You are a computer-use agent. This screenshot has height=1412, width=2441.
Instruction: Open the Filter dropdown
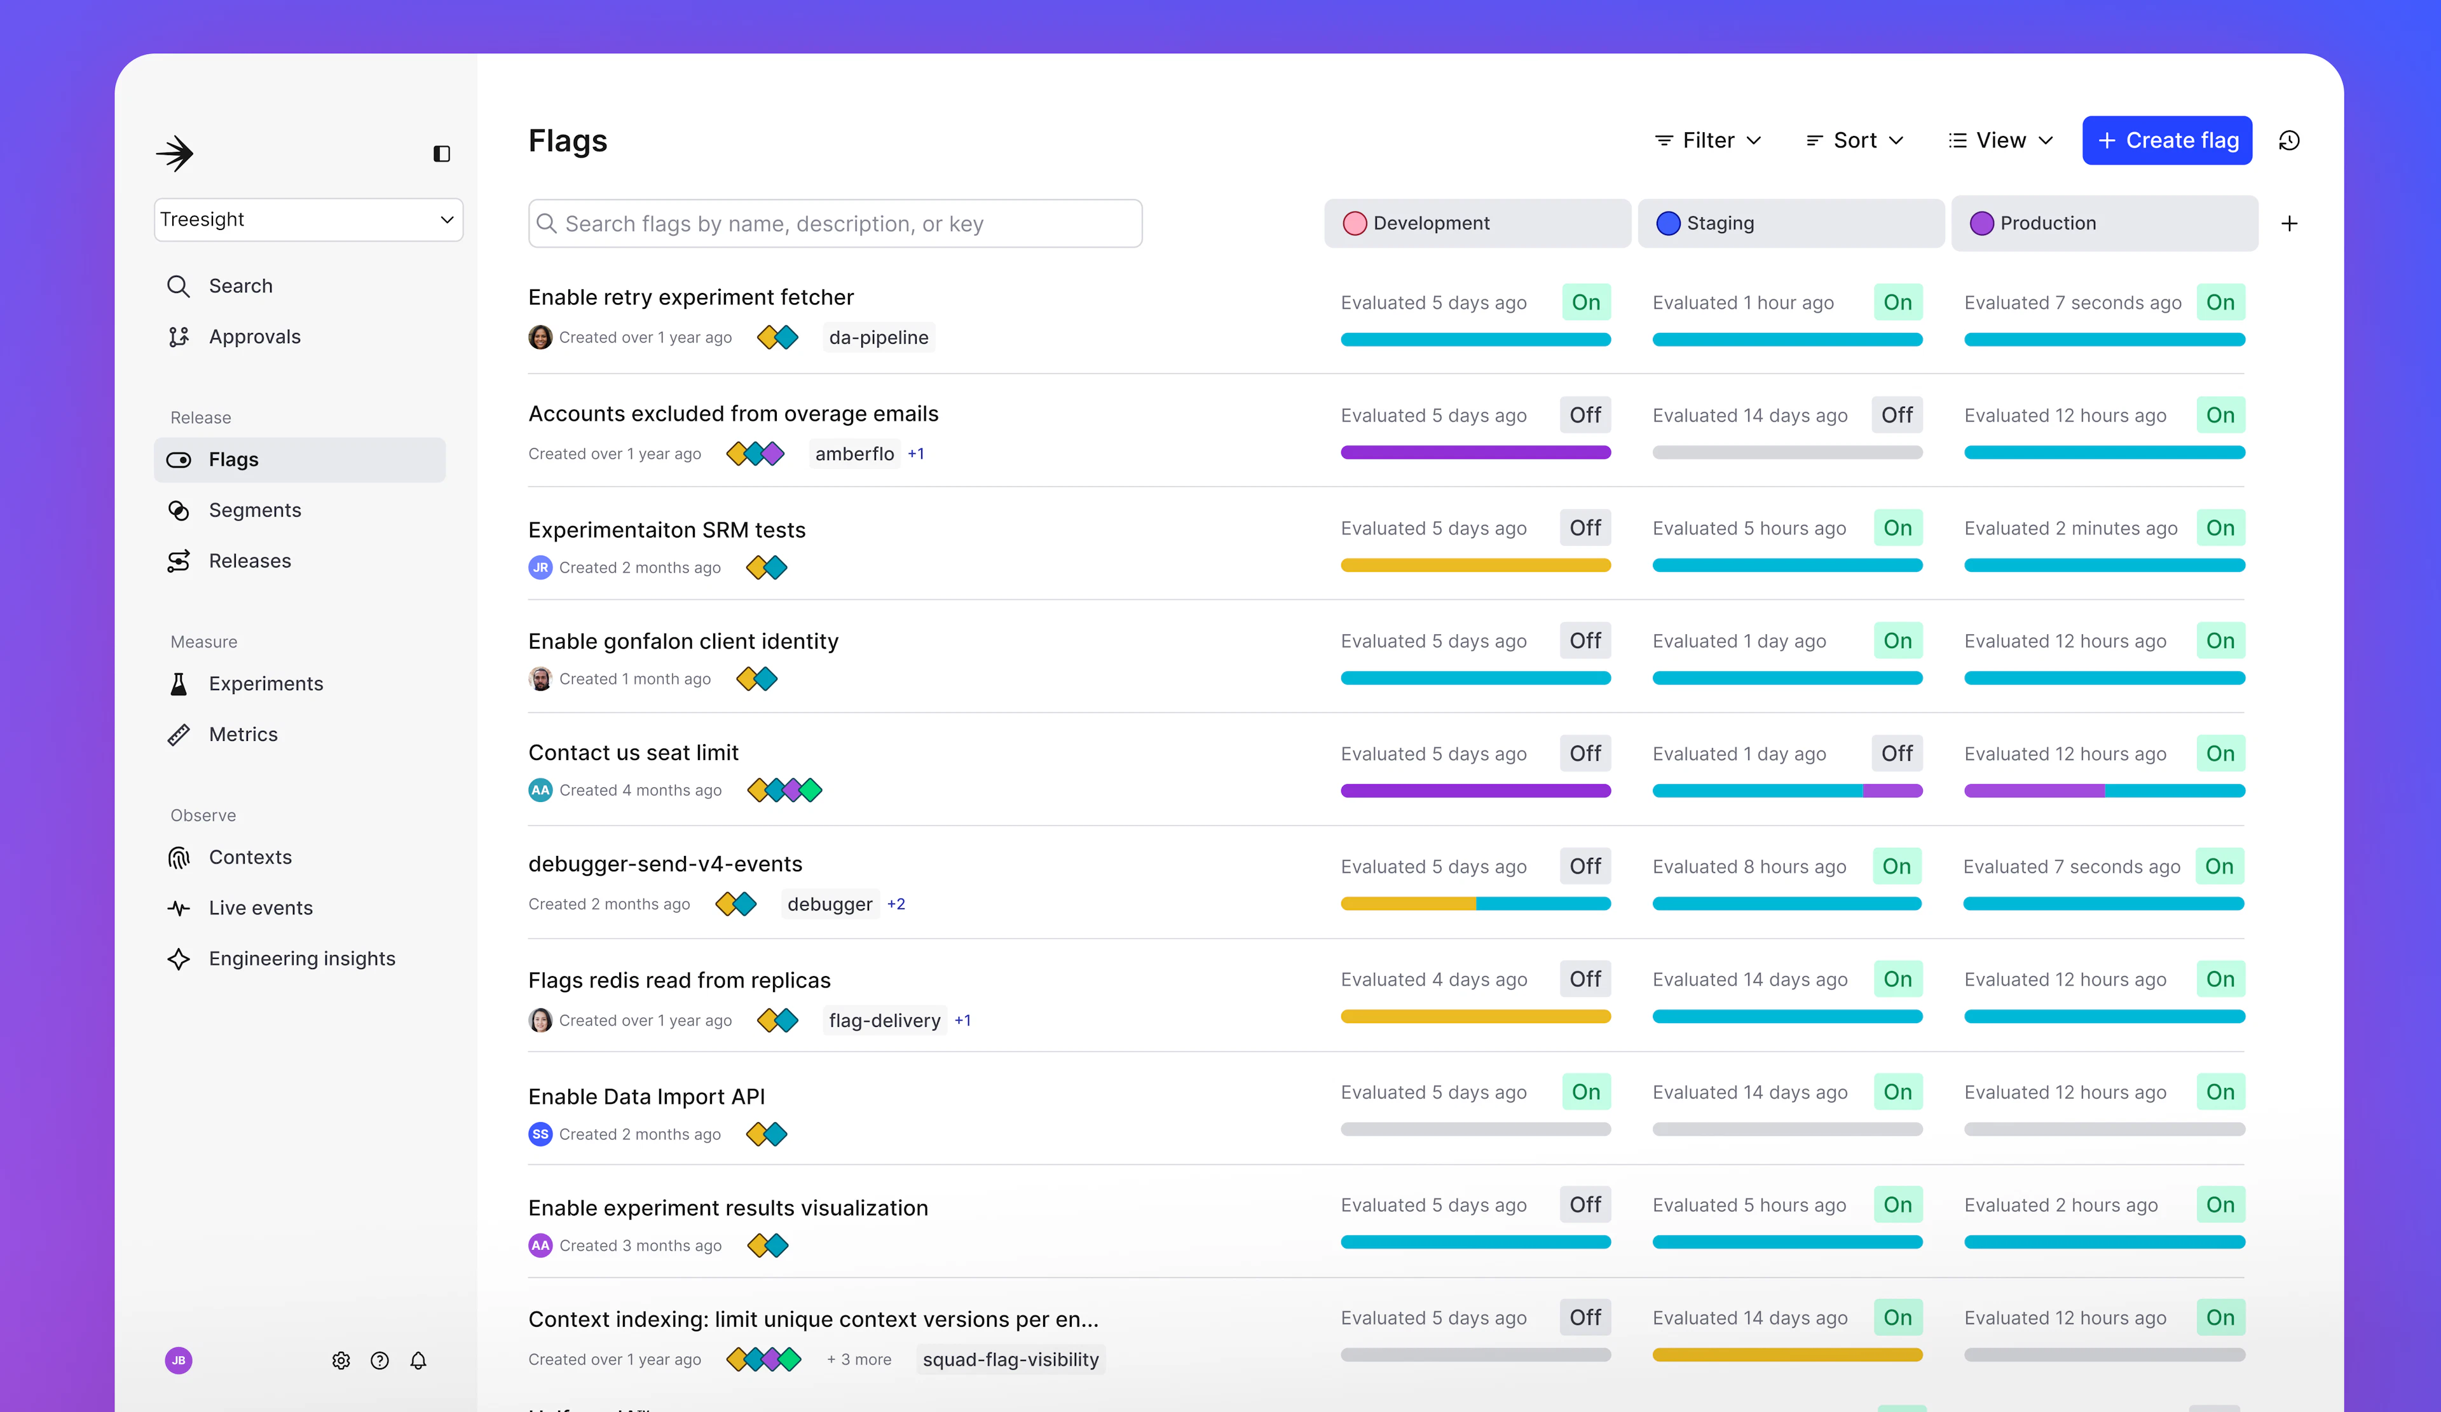[1707, 140]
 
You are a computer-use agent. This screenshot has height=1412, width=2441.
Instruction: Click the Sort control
[1855, 140]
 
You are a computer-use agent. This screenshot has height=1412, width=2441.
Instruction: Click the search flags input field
[835, 224]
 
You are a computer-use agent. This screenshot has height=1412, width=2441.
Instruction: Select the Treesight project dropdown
[308, 220]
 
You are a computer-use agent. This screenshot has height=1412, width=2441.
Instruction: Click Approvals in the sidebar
[254, 337]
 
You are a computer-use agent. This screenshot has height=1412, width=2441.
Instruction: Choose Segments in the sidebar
[254, 510]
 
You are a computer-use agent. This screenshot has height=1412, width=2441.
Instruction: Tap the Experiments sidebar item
[266, 684]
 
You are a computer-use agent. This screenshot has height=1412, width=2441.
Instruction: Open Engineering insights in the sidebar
[301, 959]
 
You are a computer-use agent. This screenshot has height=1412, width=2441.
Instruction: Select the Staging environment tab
[1790, 224]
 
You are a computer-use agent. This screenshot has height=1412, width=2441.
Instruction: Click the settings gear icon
[341, 1361]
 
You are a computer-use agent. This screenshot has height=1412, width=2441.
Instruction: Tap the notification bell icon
[418, 1361]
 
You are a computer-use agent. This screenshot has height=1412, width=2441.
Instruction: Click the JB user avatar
[178, 1361]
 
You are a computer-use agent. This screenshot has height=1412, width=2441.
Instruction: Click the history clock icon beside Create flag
[2289, 140]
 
